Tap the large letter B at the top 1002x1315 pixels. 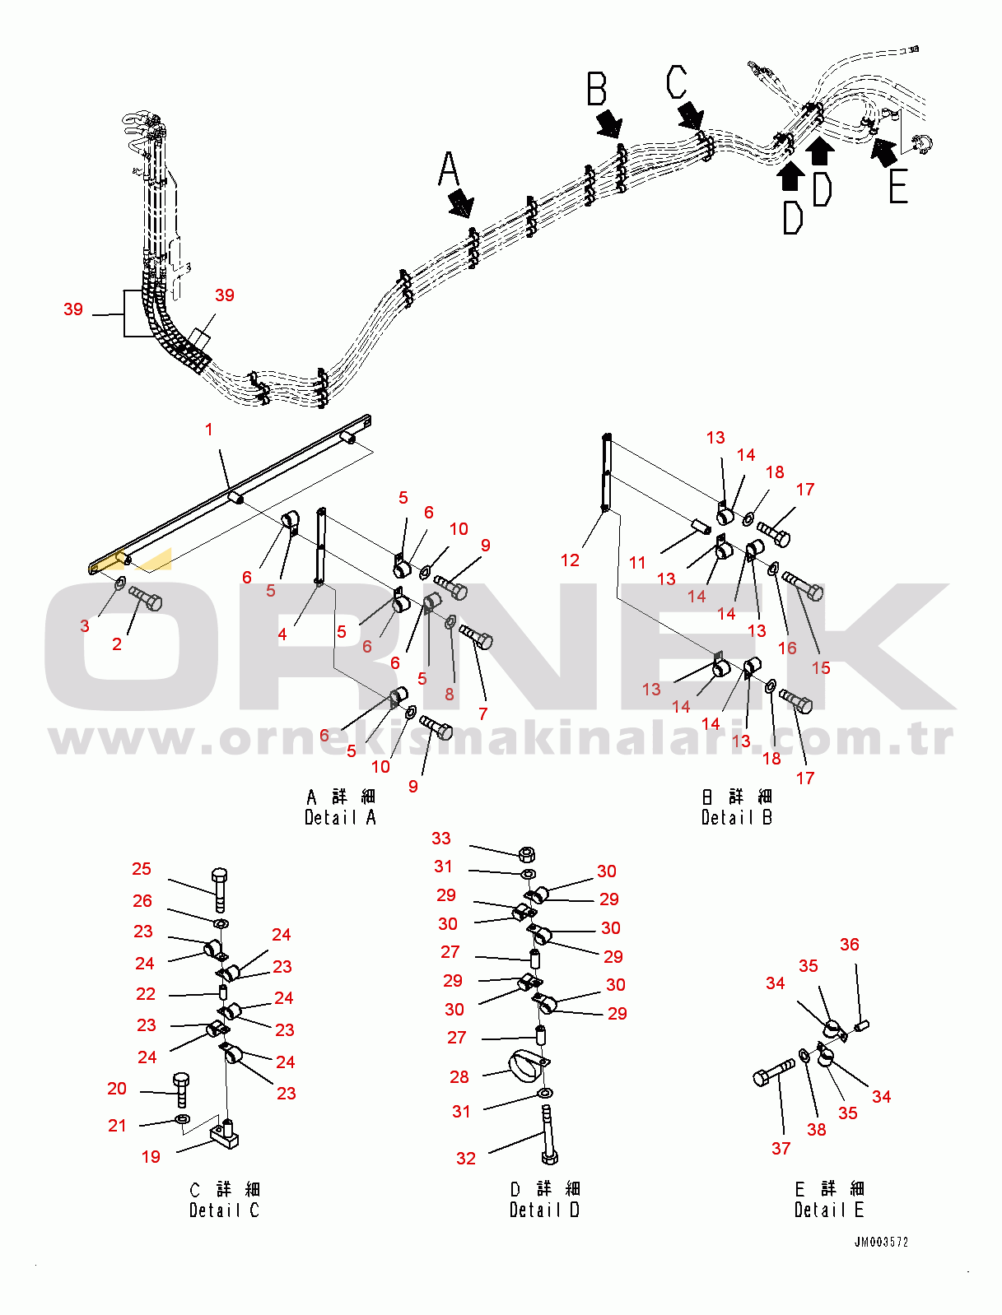(x=596, y=89)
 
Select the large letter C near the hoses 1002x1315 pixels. (x=677, y=82)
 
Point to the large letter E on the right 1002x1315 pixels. (x=898, y=186)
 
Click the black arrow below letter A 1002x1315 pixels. (x=461, y=202)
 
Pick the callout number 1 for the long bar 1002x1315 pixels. (x=208, y=430)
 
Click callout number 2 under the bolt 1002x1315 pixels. (x=117, y=644)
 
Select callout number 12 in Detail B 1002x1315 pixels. (x=570, y=560)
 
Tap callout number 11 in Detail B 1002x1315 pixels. (x=637, y=563)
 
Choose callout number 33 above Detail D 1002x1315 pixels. (x=441, y=838)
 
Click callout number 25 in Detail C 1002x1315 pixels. (x=142, y=869)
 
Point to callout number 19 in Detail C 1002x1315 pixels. (x=151, y=1156)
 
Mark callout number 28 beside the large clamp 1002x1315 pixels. (x=459, y=1076)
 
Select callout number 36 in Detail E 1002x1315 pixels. (x=849, y=944)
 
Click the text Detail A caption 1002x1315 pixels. (x=340, y=817)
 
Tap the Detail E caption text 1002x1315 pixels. (x=829, y=1210)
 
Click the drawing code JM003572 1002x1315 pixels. (x=881, y=1242)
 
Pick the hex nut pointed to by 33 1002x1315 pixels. (x=527, y=853)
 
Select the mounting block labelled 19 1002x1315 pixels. (x=224, y=1134)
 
